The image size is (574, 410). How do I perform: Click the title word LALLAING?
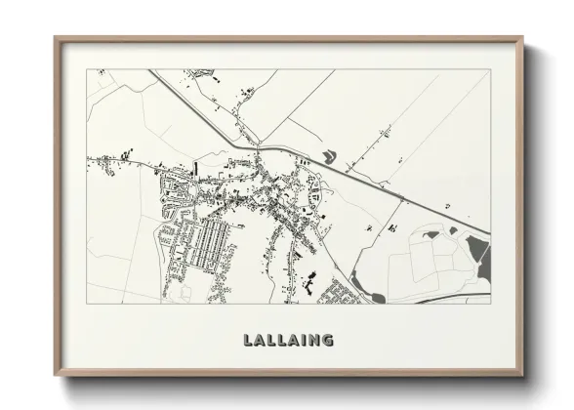point(286,341)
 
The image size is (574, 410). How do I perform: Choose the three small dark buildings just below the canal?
point(316,195)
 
